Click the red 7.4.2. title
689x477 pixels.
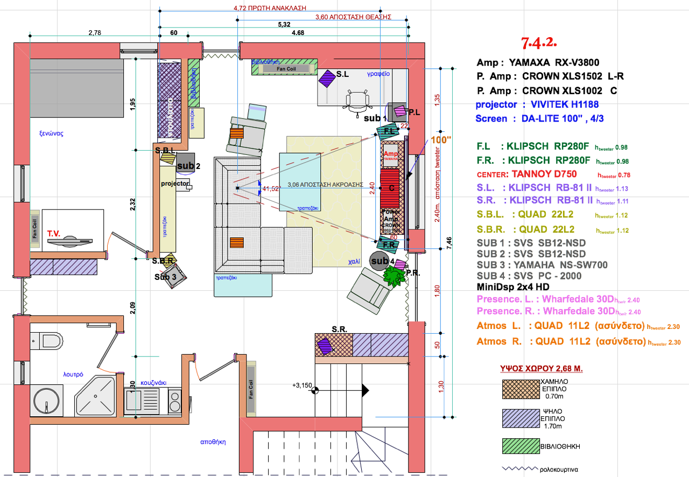click(x=538, y=41)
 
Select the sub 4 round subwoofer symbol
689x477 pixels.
click(x=379, y=261)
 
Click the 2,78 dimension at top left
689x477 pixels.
click(x=95, y=33)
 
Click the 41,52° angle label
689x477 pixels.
click(x=272, y=188)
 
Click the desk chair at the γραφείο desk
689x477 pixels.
click(x=358, y=101)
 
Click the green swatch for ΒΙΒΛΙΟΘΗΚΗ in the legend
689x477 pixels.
click(x=520, y=446)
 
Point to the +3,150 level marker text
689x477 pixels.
click(x=303, y=385)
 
